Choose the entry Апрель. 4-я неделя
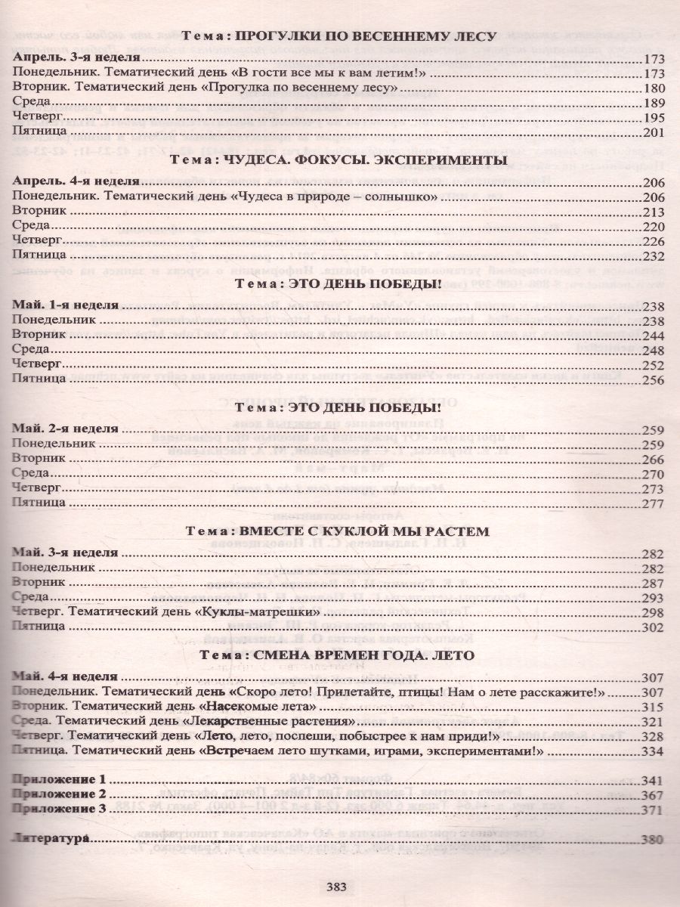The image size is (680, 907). point(77,182)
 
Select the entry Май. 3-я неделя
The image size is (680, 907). point(66,553)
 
